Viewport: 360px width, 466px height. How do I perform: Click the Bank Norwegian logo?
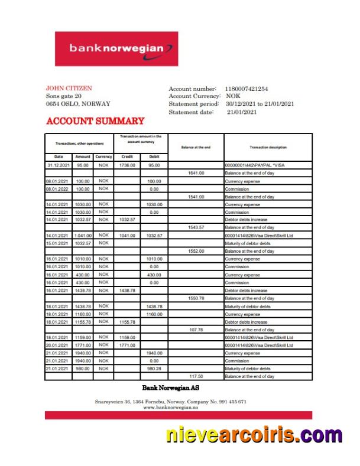[116, 49]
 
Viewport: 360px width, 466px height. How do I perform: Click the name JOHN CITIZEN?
[69, 88]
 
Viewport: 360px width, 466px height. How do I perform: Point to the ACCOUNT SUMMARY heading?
[95, 121]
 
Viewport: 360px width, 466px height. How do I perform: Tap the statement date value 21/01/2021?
[242, 112]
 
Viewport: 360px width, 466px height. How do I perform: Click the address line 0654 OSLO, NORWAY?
[78, 103]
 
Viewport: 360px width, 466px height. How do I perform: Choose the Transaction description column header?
[268, 147]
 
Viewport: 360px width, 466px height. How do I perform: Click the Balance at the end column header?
[196, 147]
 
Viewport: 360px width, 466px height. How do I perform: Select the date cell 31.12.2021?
[59, 165]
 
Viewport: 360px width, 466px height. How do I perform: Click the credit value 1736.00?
[127, 165]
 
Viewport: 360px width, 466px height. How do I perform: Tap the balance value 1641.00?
[196, 173]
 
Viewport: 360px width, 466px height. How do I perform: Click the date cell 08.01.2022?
[59, 189]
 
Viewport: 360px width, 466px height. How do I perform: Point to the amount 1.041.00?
[83, 236]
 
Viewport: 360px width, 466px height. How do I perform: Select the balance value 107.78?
[196, 330]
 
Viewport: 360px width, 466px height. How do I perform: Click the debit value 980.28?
[154, 369]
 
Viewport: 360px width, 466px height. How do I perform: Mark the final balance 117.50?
[196, 376]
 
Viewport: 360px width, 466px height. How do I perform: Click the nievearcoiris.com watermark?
[254, 436]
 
